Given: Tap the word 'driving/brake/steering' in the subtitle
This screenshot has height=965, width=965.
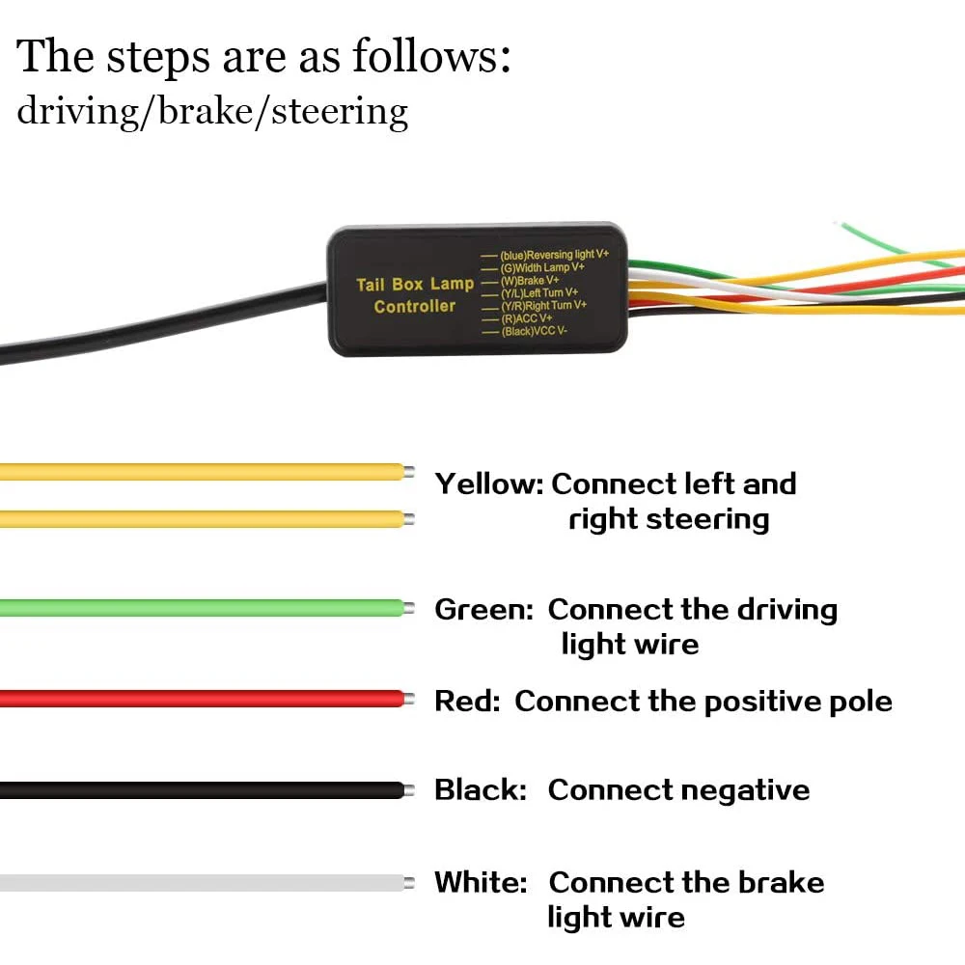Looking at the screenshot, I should (x=212, y=112).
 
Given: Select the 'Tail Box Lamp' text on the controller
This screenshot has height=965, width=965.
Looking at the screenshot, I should (x=415, y=284).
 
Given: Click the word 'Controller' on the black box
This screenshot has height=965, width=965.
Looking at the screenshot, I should (x=415, y=307).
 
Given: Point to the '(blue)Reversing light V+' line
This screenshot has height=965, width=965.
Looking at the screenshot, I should (x=554, y=255).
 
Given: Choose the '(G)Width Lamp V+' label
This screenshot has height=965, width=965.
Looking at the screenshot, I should (x=542, y=267).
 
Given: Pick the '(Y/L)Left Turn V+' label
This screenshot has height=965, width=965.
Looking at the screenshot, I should (x=538, y=292).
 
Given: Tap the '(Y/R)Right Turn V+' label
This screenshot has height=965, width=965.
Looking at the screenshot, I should (x=542, y=305).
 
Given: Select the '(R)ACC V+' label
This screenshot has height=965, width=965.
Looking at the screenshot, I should (x=526, y=317).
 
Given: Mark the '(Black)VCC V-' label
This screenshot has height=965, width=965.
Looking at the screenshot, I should (x=534, y=331).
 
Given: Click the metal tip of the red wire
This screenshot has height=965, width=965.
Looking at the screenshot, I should (x=410, y=699).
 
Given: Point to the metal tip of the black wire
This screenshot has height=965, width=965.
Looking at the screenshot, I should (x=409, y=790).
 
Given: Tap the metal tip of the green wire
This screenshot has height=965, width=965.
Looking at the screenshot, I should (x=409, y=608).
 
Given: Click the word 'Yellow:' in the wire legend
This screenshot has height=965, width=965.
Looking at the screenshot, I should (x=489, y=483).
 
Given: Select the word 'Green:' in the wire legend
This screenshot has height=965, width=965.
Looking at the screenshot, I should (x=483, y=610).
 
